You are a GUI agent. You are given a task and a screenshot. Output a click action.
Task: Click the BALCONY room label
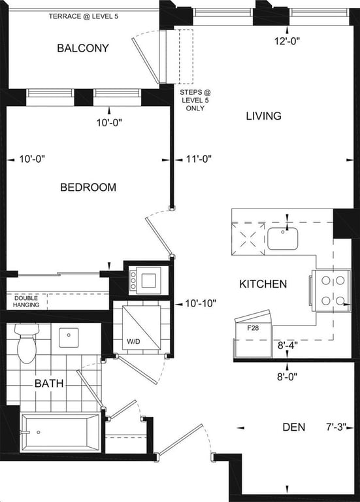[83, 48]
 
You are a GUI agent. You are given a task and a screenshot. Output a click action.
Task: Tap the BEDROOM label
[88, 188]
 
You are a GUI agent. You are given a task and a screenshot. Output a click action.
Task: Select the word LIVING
[264, 116]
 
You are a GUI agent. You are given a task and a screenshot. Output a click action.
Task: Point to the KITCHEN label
[263, 284]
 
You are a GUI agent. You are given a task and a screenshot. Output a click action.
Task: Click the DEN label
[294, 427]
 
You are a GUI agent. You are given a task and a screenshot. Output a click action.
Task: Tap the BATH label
[49, 383]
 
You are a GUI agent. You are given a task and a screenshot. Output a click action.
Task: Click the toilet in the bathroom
[27, 343]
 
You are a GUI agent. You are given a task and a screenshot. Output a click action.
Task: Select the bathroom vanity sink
[69, 337]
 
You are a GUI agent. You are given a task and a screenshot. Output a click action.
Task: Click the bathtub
[61, 432]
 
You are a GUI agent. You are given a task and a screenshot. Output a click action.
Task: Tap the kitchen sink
[283, 239]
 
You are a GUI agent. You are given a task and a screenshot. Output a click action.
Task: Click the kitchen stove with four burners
[331, 291]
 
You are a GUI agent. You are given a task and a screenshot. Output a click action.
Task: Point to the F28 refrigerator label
[253, 328]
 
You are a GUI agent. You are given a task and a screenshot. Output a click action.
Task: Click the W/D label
[133, 342]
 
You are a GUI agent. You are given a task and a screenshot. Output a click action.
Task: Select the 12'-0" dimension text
[287, 41]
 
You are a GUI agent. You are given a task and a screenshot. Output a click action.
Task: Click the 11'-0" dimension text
[199, 159]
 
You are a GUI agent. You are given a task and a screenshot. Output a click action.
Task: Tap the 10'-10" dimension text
[201, 303]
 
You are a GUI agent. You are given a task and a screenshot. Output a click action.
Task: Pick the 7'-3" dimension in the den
[336, 427]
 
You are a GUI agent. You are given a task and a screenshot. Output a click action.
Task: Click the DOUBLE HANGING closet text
[26, 301]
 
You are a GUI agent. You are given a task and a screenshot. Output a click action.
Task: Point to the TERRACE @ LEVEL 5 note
[83, 16]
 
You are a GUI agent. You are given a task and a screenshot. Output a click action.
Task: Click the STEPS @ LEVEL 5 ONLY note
[195, 100]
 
